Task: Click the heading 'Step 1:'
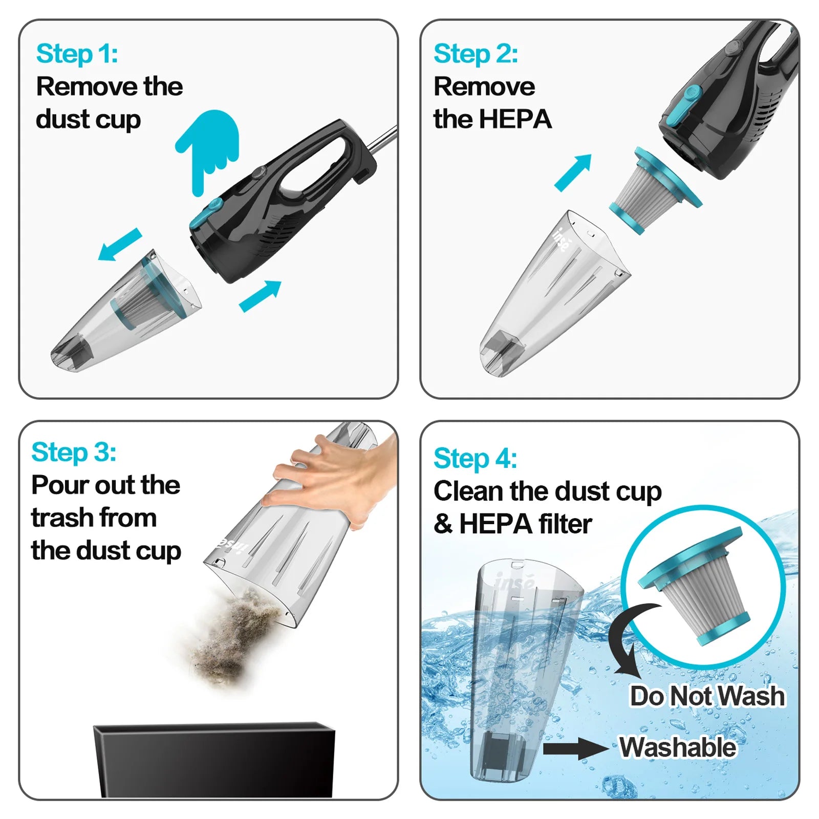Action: click(77, 54)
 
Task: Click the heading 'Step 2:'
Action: click(476, 54)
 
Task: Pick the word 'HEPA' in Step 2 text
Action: click(514, 119)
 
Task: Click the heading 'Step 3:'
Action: click(74, 452)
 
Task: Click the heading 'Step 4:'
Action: click(475, 458)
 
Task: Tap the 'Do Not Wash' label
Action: click(707, 696)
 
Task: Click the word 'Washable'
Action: click(678, 747)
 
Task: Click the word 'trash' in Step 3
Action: click(62, 518)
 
